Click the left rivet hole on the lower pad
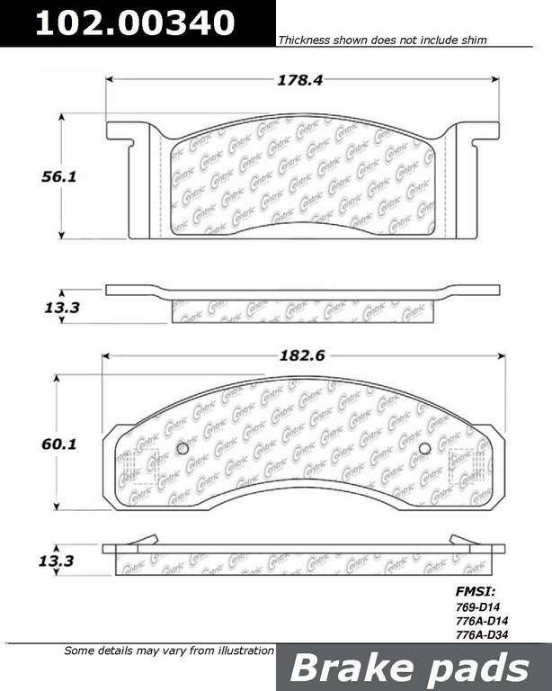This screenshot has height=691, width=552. pyautogui.click(x=182, y=449)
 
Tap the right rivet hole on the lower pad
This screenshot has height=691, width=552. pyautogui.click(x=424, y=449)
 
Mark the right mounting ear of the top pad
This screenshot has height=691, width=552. pyautogui.click(x=478, y=130)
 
